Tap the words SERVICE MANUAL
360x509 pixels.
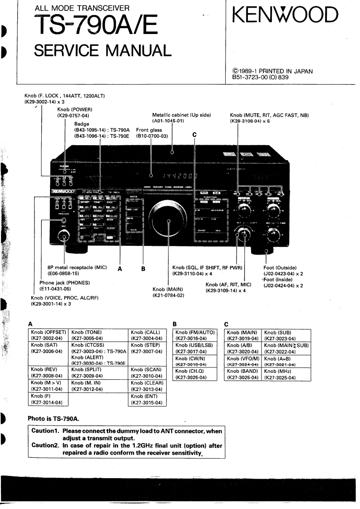click(x=103, y=49)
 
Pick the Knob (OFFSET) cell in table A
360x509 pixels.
click(x=48, y=335)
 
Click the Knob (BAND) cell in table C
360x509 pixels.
click(x=242, y=374)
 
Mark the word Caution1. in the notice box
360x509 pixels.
click(x=45, y=431)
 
